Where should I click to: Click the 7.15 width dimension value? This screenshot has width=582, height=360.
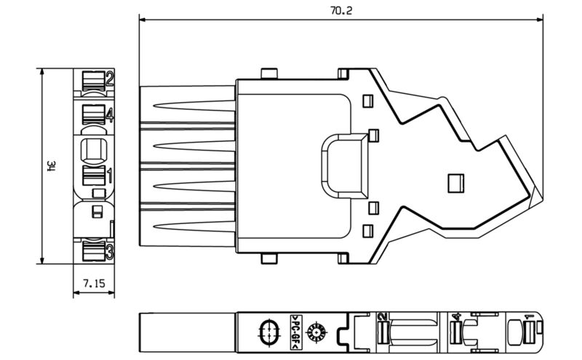94,281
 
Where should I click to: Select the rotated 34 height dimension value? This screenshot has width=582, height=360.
52,167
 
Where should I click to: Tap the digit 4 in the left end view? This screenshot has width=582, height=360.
109,114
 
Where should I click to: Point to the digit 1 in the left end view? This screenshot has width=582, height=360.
109,175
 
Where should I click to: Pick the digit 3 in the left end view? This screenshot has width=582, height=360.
109,251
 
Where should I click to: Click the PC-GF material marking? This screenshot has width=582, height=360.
296,332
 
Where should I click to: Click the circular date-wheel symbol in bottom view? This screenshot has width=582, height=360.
317,333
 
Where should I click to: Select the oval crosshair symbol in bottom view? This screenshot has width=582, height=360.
268,332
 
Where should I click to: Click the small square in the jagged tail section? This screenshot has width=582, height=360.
455,181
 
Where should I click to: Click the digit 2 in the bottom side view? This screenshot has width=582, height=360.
381,317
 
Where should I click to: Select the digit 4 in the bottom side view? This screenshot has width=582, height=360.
456,318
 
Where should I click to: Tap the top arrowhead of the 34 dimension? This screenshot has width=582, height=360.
43,72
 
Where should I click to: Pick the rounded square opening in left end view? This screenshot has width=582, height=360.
94,151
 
